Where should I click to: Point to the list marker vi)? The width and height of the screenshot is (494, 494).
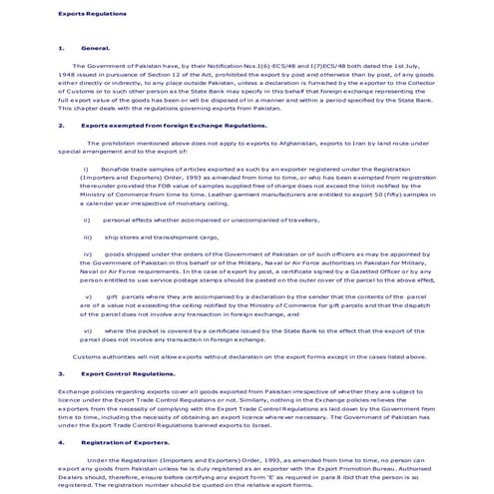[87, 328]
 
